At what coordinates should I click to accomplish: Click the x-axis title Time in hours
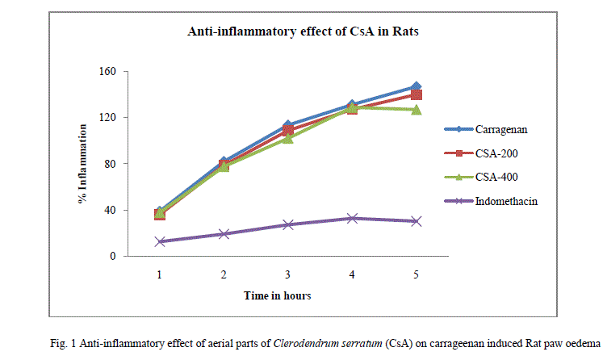click(277, 296)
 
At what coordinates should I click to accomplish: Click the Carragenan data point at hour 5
click(416, 86)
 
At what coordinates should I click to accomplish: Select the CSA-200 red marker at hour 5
click(416, 95)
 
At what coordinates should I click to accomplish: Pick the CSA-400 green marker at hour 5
click(416, 110)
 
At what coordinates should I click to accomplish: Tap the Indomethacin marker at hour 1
click(160, 241)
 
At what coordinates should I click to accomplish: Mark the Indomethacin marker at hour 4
click(352, 218)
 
